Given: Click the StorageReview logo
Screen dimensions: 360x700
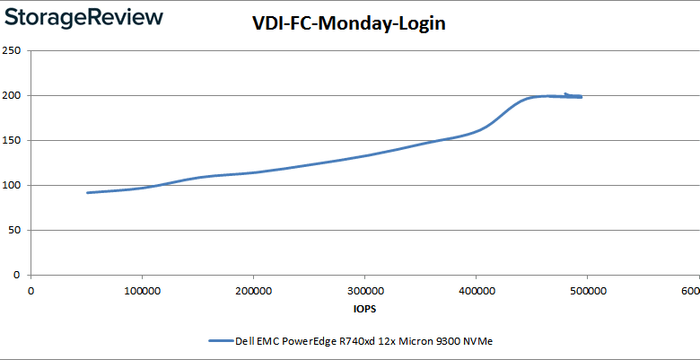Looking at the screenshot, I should point(83,18).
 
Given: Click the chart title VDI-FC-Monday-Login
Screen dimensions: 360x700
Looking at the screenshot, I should point(349,25).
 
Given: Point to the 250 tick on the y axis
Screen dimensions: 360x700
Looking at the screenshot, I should point(13,50).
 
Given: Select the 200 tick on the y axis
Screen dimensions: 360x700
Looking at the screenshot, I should point(13,95).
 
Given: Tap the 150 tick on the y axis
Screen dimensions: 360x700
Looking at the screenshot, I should point(13,140).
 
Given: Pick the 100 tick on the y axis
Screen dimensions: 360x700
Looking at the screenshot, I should point(13,185).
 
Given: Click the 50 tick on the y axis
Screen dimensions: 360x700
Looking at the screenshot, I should point(15,230).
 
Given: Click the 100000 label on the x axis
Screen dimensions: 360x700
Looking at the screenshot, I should point(142,290).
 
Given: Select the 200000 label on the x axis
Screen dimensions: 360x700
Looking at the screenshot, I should point(253,290).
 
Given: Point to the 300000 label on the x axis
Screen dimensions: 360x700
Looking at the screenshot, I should point(364,290).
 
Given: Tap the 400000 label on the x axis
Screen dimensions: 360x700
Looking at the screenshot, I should point(476,290).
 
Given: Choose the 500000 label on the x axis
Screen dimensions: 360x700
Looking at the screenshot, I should point(587,290).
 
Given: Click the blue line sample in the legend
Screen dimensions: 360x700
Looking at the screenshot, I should point(220,340).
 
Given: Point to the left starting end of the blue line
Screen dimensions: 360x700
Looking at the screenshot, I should point(87,192).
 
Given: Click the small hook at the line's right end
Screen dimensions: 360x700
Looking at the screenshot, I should point(567,93).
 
